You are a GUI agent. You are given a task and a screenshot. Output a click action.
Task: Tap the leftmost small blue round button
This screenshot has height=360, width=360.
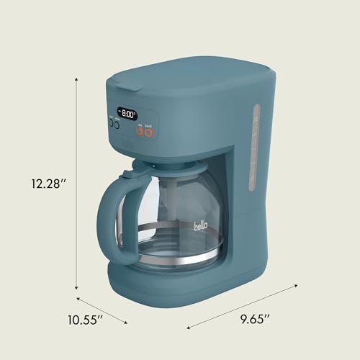coord(112,123)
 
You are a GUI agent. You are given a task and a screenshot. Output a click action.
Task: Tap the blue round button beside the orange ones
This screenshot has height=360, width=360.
coord(119,123)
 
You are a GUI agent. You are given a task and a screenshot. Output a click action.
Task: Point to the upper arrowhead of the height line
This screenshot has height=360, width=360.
coord(78,82)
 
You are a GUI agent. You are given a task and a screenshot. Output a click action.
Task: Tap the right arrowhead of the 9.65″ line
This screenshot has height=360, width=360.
coord(295,287)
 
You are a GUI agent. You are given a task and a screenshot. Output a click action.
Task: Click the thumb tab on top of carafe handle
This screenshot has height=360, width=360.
coord(127,174)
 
